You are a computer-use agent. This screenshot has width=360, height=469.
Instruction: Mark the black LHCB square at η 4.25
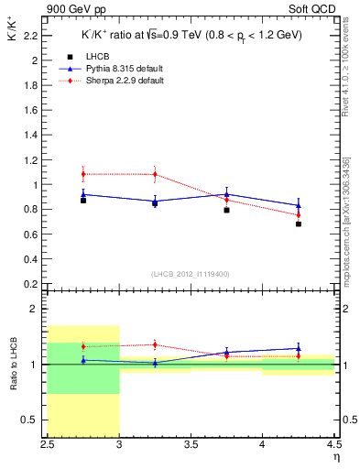tap(299, 224)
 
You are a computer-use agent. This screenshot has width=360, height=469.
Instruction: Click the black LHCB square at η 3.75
tap(226, 210)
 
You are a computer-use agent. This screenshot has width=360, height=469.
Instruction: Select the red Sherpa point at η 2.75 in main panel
tap(83, 174)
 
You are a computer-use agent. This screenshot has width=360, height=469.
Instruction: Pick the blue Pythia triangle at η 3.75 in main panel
tap(226, 194)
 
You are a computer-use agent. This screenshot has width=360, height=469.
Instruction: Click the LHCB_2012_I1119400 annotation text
tap(190, 274)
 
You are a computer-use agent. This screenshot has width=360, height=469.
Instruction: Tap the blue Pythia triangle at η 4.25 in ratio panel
tap(299, 348)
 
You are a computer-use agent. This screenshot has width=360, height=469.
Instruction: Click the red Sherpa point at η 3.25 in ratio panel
tap(155, 345)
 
